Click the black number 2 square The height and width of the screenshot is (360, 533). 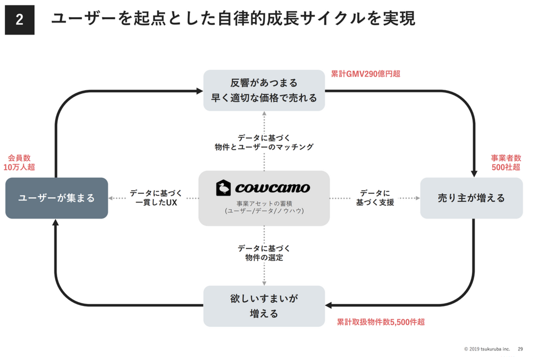coord(20,20)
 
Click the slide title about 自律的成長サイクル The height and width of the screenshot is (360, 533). coord(233,18)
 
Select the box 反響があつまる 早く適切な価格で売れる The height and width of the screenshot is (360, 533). coord(264,90)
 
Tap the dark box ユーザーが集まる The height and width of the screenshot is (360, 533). coord(57,198)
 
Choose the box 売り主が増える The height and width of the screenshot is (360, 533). coord(471,198)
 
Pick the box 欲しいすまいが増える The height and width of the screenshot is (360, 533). coord(264,306)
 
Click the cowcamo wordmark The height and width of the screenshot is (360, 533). coord(273,188)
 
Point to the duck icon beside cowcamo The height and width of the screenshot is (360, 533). coord(224,188)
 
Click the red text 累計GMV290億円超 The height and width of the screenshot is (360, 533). coord(366,74)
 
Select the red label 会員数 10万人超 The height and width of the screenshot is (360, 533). coord(19,162)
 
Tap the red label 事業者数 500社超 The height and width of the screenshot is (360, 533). coord(506,162)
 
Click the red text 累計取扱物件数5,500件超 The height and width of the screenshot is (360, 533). coord(380,322)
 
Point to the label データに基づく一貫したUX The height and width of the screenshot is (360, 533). coord(156,198)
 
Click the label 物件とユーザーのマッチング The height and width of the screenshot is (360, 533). coord(264,147)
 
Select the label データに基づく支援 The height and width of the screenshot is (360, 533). coord(375,198)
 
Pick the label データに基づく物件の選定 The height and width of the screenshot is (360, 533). coord(264,253)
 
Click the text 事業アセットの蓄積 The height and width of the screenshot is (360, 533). coord(264,204)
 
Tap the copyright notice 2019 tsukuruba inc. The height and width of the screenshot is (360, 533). coord(487,349)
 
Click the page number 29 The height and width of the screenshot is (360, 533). coord(520,349)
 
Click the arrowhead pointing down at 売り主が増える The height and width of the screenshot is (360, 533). coord(474,174)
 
